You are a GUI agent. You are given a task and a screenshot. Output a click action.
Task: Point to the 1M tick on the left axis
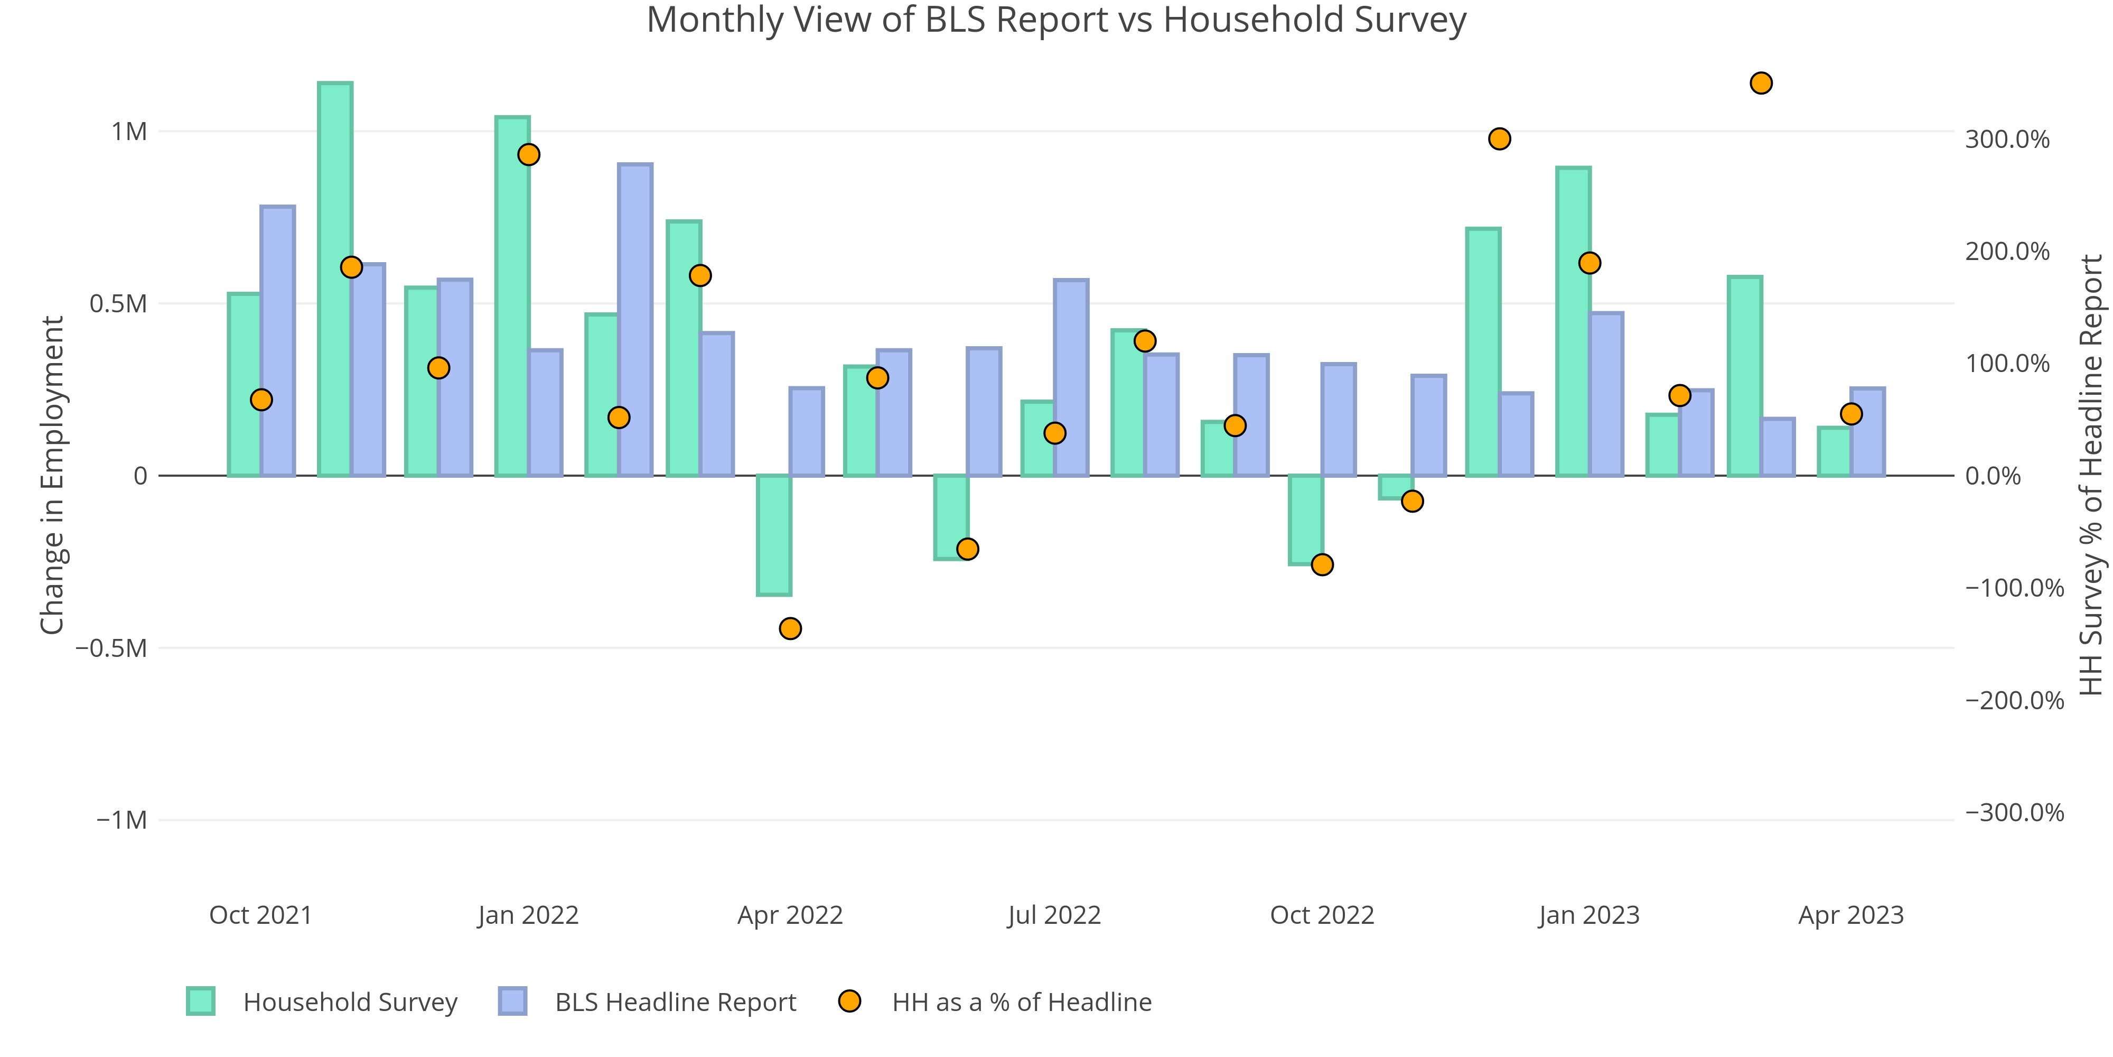point(129,131)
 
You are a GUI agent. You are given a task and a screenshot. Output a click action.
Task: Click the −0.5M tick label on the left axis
point(111,648)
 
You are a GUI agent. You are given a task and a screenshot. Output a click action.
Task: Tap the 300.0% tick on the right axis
point(2006,140)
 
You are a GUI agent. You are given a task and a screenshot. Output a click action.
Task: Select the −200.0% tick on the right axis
point(2014,701)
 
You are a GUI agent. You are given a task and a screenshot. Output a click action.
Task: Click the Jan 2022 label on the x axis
point(528,915)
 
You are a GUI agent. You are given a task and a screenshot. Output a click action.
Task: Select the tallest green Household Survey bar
point(335,279)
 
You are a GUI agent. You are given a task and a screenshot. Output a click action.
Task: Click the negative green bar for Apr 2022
point(773,535)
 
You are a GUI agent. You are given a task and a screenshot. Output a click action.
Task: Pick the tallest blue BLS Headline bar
point(635,320)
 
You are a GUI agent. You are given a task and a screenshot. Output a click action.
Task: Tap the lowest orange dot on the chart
point(790,628)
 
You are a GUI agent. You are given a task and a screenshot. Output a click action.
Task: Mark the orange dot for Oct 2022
point(1322,564)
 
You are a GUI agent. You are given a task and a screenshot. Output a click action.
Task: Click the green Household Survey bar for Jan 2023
point(1573,322)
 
